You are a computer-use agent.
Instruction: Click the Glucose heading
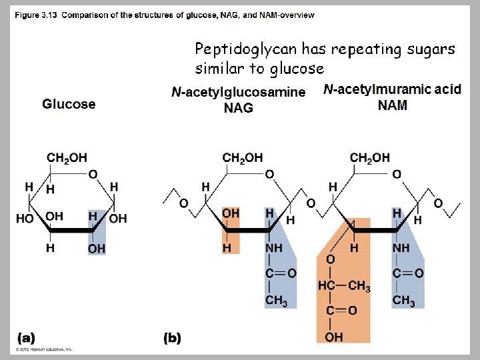pyautogui.click(x=69, y=104)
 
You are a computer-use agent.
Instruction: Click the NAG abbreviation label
pyautogui.click(x=238, y=108)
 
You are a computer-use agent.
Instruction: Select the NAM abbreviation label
pyautogui.click(x=392, y=105)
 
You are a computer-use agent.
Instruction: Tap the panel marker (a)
pyautogui.click(x=27, y=337)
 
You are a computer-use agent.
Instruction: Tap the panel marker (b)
pyautogui.click(x=172, y=337)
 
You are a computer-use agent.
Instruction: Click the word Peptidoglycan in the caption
pyautogui.click(x=245, y=49)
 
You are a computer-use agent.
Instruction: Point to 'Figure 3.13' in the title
pyautogui.click(x=36, y=15)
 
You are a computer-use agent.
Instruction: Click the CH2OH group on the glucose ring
pyautogui.click(x=67, y=158)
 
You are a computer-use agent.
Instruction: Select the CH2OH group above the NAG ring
pyautogui.click(x=243, y=158)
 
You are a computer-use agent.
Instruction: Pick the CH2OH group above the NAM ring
pyautogui.click(x=370, y=158)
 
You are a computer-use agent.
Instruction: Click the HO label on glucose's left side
pyautogui.click(x=25, y=218)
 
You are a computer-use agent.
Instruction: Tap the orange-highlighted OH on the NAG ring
pyautogui.click(x=231, y=213)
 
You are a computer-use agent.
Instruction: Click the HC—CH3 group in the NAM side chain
pyautogui.click(x=344, y=286)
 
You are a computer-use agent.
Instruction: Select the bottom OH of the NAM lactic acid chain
pyautogui.click(x=334, y=337)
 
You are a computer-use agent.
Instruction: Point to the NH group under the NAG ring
pyautogui.click(x=274, y=248)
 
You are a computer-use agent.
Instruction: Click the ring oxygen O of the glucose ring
pyautogui.click(x=93, y=175)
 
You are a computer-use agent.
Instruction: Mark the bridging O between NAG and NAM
pyautogui.click(x=310, y=202)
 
